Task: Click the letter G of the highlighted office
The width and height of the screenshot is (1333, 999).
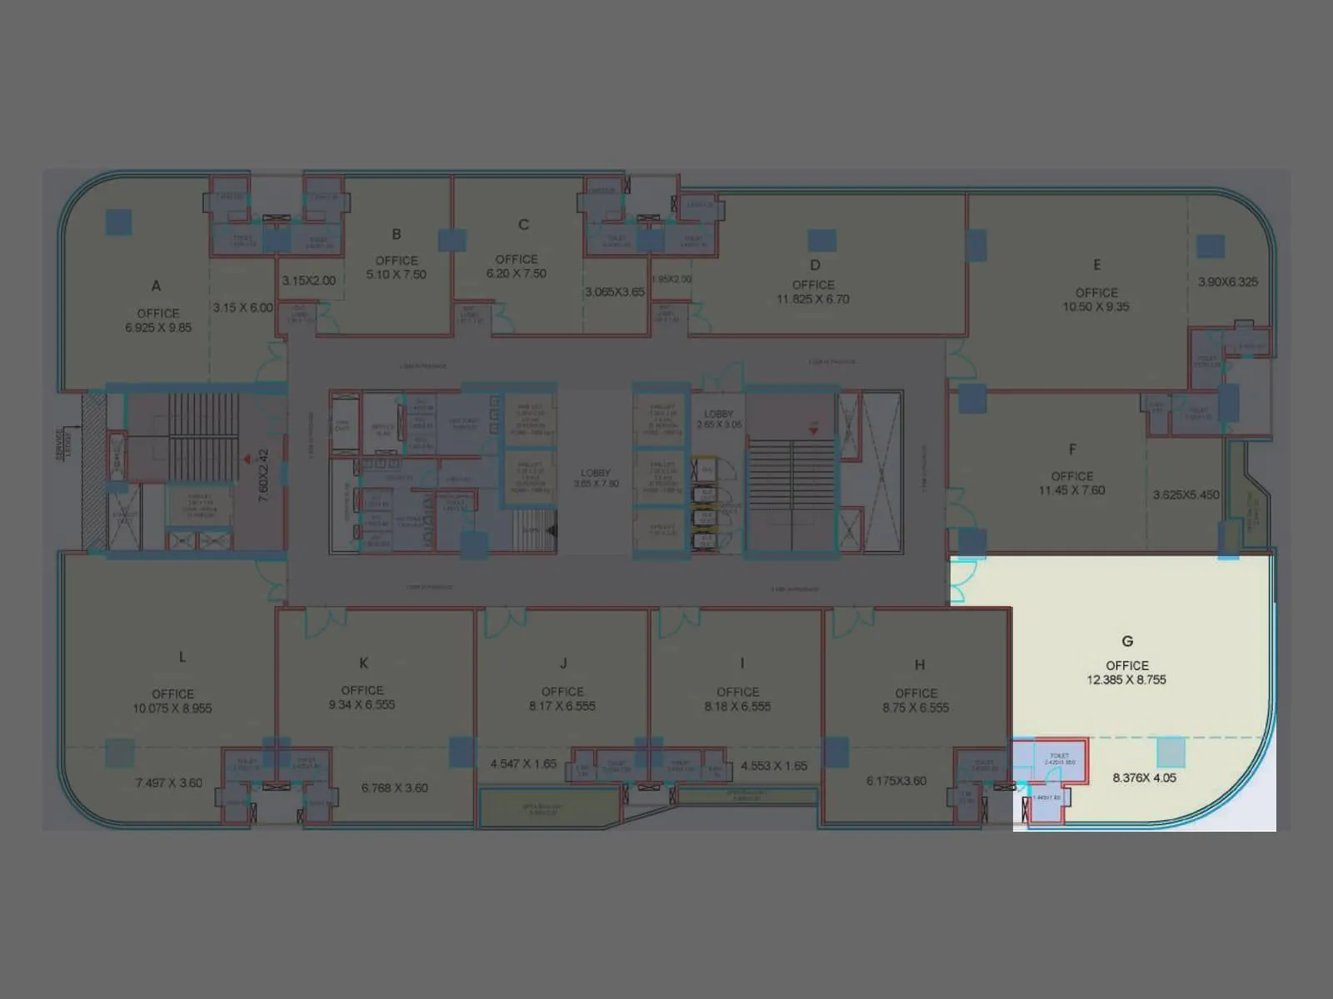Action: click(1127, 641)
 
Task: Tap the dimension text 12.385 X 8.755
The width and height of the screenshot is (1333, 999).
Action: click(1126, 679)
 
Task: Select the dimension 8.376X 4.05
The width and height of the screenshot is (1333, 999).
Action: click(1144, 778)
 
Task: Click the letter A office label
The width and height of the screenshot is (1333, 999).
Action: click(156, 286)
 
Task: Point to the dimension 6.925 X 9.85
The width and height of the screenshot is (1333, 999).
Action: click(158, 327)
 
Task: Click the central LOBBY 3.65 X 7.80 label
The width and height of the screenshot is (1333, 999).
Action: click(596, 478)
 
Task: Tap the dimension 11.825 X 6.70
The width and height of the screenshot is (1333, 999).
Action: click(813, 299)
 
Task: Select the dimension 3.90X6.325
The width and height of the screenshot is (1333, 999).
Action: click(1228, 281)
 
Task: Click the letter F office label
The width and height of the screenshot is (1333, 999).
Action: click(1072, 450)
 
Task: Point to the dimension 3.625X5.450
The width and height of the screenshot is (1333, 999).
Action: click(1186, 495)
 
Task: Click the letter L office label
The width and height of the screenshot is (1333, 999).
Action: click(182, 657)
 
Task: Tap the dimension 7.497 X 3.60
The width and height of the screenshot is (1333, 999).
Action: click(169, 783)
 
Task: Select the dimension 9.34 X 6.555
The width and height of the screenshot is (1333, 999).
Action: click(362, 704)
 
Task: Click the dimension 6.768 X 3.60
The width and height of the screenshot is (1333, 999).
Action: click(395, 788)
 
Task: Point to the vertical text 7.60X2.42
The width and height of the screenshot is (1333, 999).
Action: click(263, 475)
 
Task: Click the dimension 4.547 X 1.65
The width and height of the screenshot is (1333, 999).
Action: click(523, 763)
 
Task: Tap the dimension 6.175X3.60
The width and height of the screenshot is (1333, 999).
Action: click(896, 781)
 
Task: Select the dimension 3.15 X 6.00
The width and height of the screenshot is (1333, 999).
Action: click(242, 307)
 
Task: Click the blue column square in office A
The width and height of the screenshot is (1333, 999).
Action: click(118, 221)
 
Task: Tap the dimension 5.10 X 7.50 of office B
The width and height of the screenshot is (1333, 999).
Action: click(397, 274)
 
